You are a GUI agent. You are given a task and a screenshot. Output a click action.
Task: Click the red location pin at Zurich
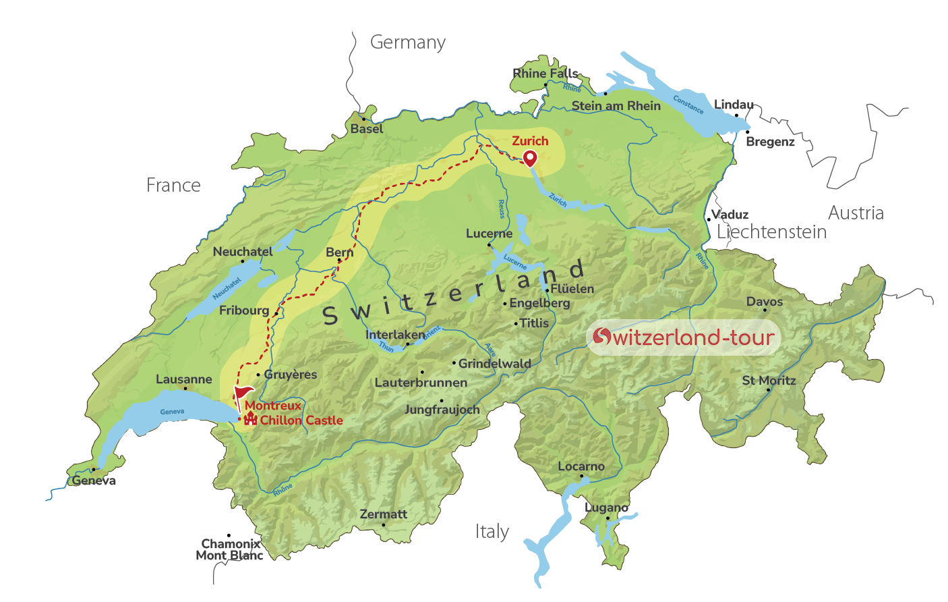point(530,158)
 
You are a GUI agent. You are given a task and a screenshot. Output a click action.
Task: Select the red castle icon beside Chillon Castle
point(250,419)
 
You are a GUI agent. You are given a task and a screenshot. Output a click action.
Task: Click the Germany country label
point(407,43)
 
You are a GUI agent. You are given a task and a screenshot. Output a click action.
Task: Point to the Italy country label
point(492,532)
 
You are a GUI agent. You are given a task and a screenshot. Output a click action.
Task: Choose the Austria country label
point(855,213)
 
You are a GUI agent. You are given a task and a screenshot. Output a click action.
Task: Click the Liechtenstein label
point(771,232)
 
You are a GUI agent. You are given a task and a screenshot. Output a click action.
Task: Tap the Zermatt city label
point(383,514)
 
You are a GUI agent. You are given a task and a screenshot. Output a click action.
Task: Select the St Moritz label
point(769,381)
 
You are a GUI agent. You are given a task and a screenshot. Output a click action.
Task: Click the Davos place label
point(764,302)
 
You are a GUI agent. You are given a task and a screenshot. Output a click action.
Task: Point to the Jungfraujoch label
point(442,410)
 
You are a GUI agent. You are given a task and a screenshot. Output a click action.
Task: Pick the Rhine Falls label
point(545,73)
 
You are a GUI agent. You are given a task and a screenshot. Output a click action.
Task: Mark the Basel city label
point(366,129)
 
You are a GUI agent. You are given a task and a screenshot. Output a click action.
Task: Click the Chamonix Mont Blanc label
point(230,549)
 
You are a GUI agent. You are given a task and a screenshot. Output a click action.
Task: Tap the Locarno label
point(581,466)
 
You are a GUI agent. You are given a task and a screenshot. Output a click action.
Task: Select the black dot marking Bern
point(339,261)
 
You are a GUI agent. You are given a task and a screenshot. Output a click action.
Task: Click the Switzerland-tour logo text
point(684,337)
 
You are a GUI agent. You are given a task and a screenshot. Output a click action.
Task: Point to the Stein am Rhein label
point(616,106)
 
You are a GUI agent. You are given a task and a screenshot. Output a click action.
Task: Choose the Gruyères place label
point(290,375)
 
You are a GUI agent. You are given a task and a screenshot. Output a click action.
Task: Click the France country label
point(173,186)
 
